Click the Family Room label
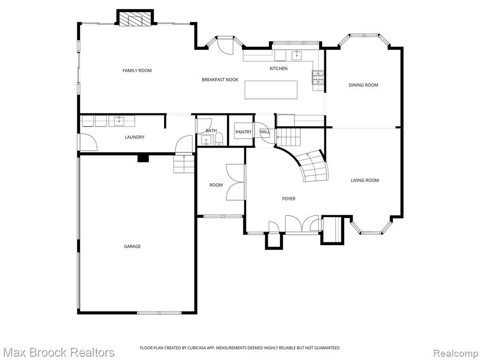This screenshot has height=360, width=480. (137, 70)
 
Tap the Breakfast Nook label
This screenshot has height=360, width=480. (220, 80)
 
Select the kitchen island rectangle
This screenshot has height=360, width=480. (271, 90)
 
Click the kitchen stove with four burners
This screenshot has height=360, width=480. (318, 77)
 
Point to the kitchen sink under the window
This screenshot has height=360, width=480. (297, 55)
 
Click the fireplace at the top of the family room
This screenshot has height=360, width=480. (135, 19)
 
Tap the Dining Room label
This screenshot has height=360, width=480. (363, 85)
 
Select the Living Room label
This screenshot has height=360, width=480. (365, 180)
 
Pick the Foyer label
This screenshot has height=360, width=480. (289, 199)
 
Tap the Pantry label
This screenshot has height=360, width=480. (243, 132)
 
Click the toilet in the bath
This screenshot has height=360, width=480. (219, 141)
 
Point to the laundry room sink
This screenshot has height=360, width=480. (120, 120)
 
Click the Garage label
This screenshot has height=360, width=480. (132, 246)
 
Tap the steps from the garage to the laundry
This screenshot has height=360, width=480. (184, 164)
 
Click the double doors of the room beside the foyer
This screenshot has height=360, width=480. (235, 182)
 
